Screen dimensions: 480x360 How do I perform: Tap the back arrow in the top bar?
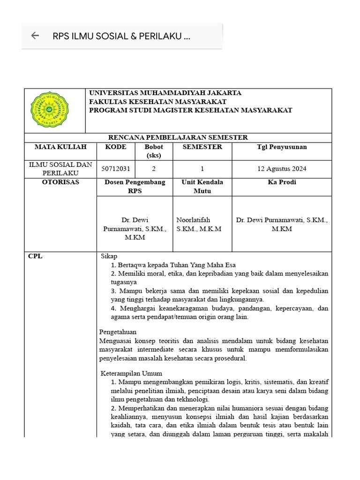[x=35, y=36]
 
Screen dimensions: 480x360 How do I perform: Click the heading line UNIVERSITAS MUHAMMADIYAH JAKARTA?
[x=165, y=93]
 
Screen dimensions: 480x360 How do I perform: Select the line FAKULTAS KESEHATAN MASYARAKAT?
[x=158, y=102]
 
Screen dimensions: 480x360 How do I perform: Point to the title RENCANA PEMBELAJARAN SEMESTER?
[x=178, y=137]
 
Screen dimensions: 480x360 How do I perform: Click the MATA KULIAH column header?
[x=60, y=147]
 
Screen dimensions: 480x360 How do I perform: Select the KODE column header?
[x=116, y=147]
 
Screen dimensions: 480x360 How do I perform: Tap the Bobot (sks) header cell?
[x=154, y=151]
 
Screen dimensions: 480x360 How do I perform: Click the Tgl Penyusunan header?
[x=282, y=147]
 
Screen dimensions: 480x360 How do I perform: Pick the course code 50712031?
[x=116, y=169]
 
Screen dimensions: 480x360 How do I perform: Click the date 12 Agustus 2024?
[x=282, y=169]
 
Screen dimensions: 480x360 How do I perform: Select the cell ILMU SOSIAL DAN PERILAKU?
[x=60, y=169]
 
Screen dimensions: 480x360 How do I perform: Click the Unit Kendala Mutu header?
[x=202, y=187]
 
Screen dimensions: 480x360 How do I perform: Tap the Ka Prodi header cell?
[x=282, y=182]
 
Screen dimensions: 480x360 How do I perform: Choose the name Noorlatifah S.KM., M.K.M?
[x=199, y=224]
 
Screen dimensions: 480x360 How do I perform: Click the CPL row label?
[x=35, y=256]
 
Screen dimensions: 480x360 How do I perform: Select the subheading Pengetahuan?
[x=118, y=332]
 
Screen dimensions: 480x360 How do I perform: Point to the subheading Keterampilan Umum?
[x=132, y=374]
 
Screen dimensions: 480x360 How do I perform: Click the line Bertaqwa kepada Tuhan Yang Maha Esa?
[x=173, y=265]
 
